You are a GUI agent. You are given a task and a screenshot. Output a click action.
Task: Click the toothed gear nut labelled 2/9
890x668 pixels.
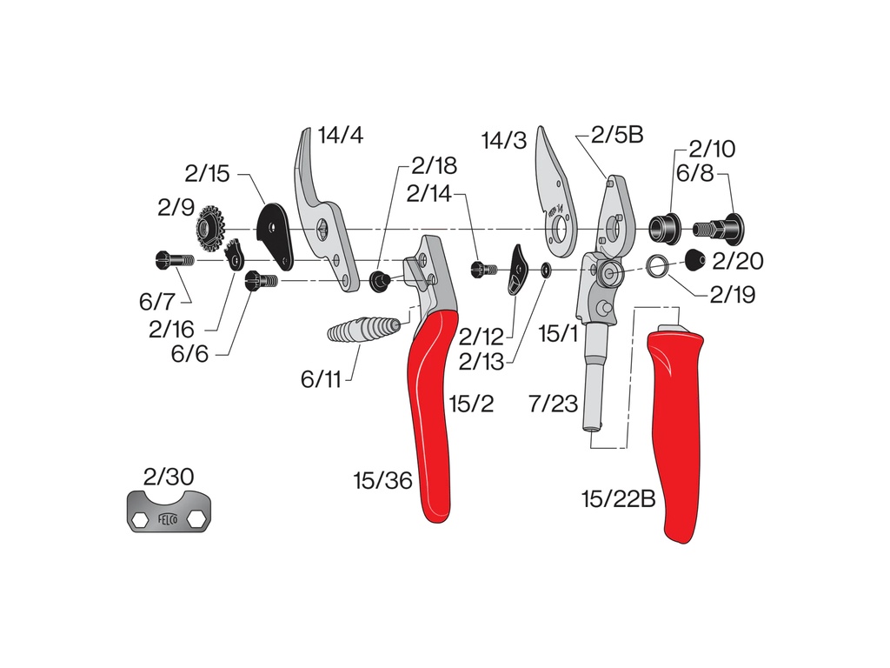[210, 230]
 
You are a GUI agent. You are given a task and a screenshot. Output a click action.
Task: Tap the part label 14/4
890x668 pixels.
[341, 135]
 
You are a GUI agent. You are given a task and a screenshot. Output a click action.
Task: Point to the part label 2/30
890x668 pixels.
[169, 477]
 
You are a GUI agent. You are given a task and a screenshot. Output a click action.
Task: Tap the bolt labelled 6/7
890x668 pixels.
[174, 260]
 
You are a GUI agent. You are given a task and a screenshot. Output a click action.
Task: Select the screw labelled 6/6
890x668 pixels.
[261, 281]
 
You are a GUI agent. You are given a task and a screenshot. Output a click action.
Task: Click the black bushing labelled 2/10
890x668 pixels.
[665, 229]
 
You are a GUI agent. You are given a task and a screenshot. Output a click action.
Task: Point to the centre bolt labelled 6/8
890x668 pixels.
[719, 229]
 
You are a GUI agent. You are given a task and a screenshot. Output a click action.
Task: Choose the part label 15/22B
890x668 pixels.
[619, 499]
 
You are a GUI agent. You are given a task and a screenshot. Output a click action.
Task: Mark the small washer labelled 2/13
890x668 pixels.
[546, 270]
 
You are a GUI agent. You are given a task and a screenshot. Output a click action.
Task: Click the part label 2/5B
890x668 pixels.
[617, 135]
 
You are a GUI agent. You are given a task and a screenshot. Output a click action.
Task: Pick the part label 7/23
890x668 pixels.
[554, 404]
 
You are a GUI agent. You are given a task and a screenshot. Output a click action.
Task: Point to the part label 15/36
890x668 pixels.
[383, 480]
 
